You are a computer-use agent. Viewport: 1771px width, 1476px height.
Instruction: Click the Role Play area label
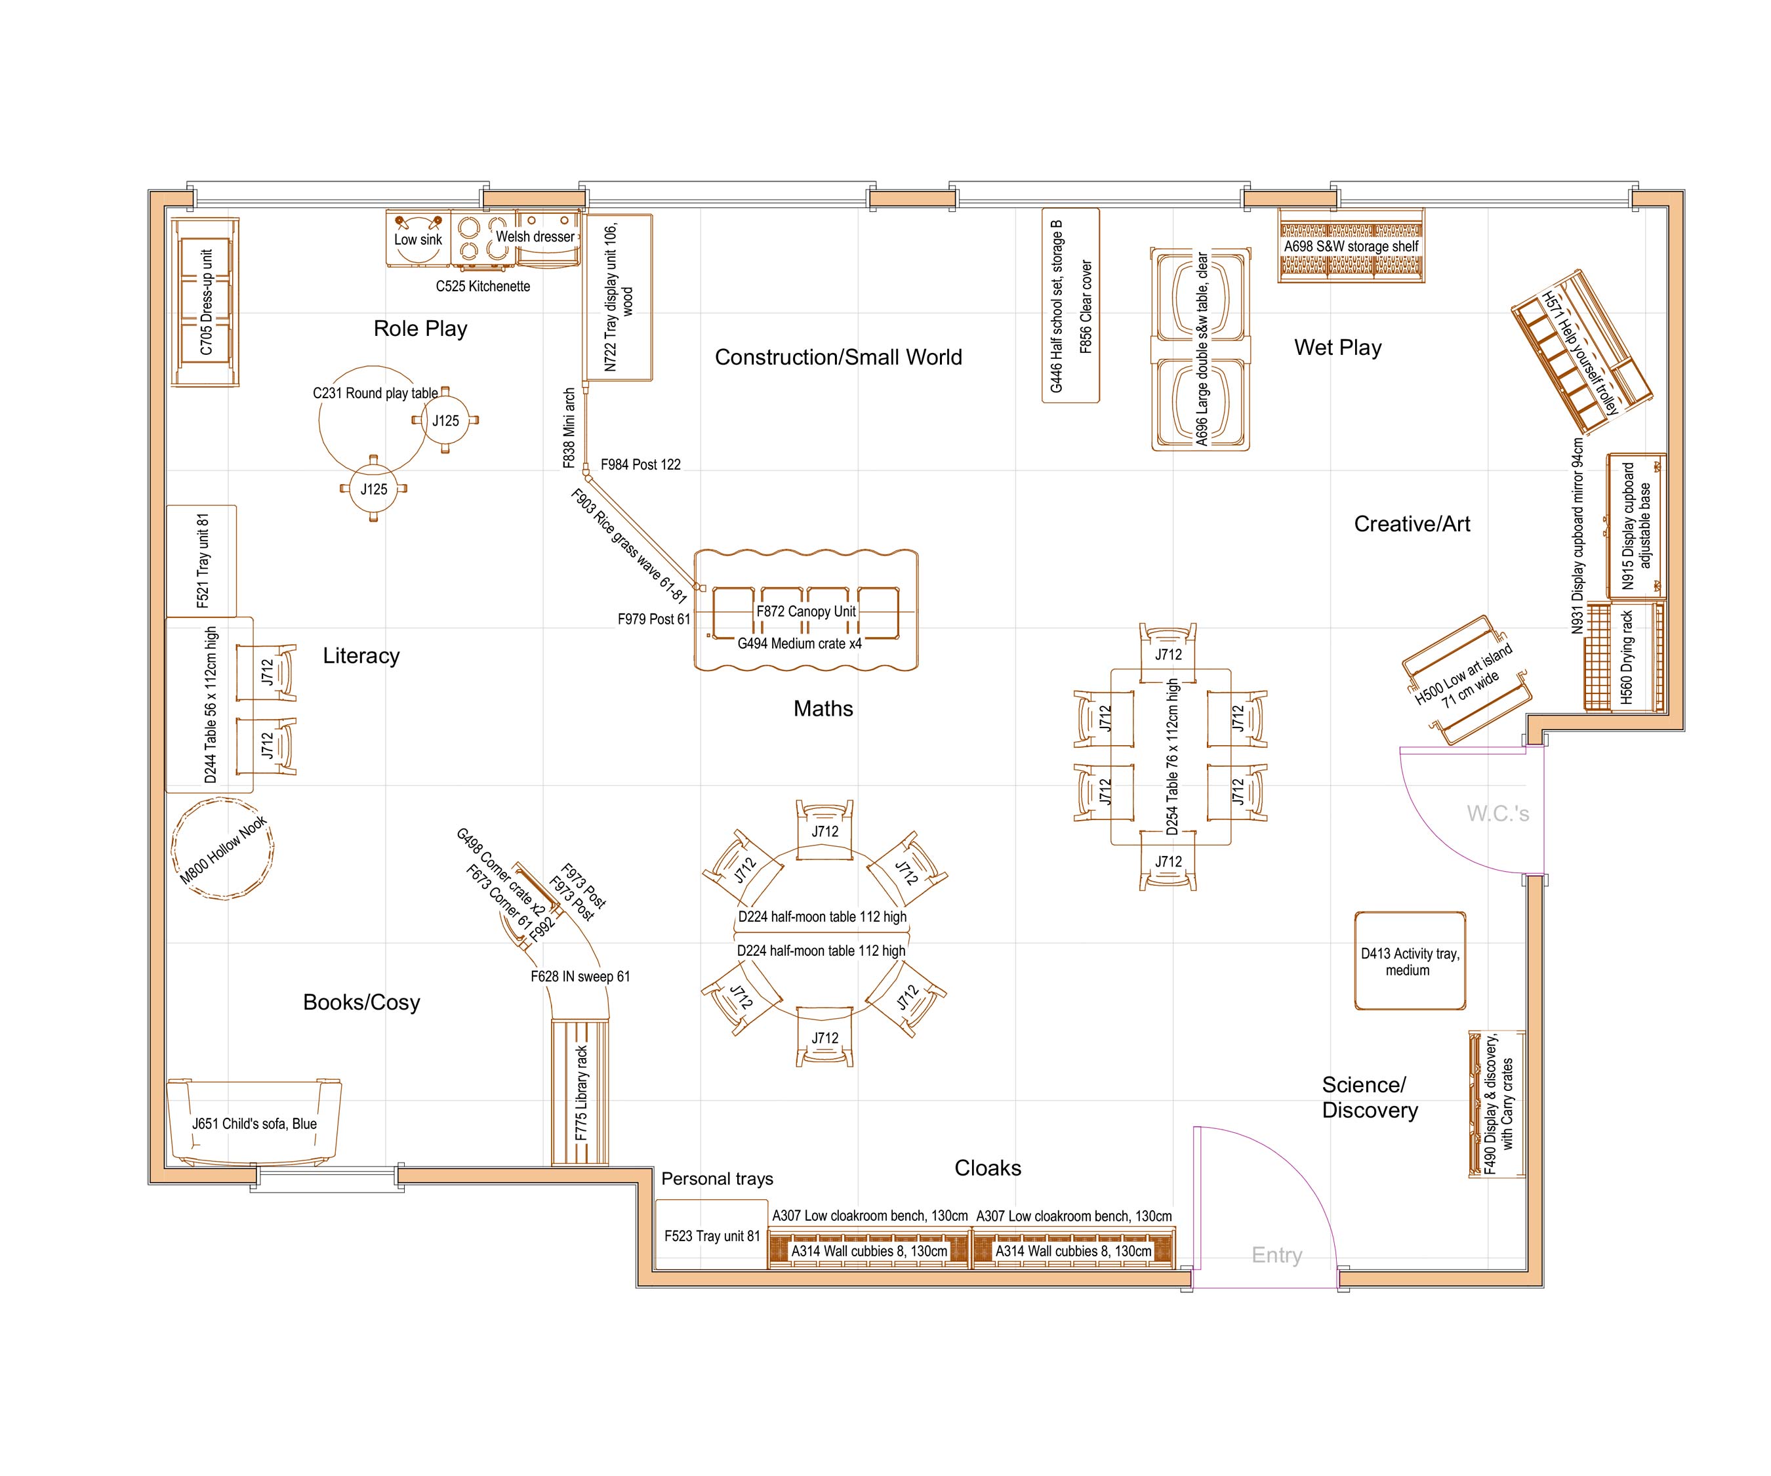(420, 328)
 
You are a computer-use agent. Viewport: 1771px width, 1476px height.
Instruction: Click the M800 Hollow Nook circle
(222, 848)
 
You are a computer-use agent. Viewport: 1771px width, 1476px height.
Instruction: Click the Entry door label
(1277, 1255)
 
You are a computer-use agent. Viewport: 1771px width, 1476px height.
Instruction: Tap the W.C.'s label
(1497, 813)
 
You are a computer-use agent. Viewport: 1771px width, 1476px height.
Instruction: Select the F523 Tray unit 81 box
(712, 1236)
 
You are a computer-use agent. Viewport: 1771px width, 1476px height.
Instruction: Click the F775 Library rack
(580, 1093)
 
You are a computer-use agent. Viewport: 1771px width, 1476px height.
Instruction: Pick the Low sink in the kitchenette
(417, 239)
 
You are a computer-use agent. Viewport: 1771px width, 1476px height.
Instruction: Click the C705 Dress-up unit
(205, 301)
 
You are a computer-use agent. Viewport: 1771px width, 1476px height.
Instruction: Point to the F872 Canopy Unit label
(805, 611)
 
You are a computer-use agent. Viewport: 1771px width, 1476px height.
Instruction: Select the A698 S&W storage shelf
(1351, 246)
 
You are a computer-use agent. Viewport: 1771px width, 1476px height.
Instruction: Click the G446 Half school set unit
(1070, 305)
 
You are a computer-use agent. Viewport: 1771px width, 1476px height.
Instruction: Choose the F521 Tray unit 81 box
(201, 560)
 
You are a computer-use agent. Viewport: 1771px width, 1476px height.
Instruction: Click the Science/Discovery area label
(1370, 1096)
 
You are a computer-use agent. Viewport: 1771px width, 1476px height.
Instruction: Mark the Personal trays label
(717, 1178)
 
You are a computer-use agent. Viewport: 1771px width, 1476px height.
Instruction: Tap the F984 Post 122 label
(640, 464)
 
